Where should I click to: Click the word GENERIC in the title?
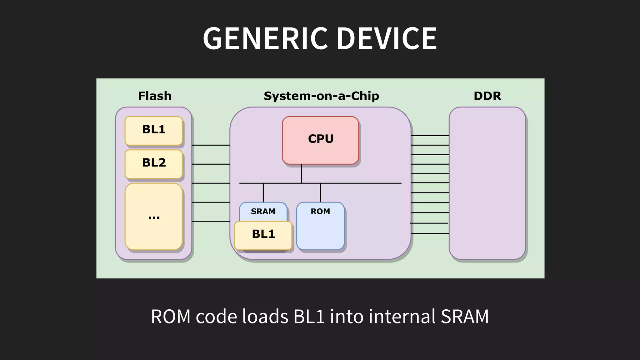point(265,38)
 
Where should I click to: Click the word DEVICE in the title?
point(387,38)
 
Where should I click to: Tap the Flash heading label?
point(155,96)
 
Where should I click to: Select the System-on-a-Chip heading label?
point(321,96)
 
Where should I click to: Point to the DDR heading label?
point(487,96)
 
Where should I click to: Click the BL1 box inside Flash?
point(153,131)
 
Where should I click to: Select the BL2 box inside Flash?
point(153,164)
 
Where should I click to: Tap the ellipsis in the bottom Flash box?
point(154,217)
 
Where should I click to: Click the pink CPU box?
point(320,140)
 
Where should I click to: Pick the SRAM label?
point(263,212)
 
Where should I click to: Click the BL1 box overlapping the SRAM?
point(263,235)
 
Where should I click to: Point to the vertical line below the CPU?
point(301,173)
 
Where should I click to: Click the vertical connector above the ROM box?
point(320,192)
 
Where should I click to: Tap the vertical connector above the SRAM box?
point(263,192)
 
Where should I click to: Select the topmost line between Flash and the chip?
point(211,145)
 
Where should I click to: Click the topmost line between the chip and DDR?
point(430,136)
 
